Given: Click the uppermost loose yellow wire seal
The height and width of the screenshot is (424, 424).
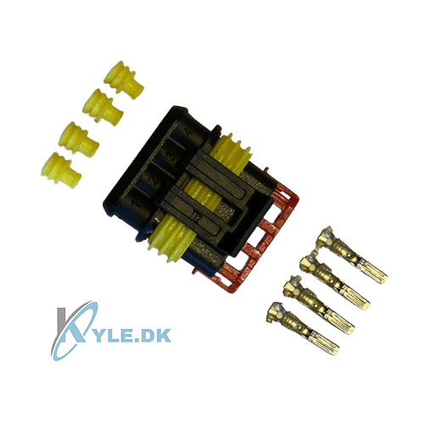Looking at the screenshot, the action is coord(123,80).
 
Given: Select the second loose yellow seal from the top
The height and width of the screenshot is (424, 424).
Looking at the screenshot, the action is coord(103,107).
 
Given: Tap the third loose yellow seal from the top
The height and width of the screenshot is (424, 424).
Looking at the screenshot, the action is coord(79,138).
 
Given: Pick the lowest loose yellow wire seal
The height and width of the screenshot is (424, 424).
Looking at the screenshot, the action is coord(61,170).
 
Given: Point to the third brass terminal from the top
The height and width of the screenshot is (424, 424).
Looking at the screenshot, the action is coord(319,305).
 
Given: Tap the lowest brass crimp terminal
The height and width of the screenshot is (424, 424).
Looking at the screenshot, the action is coord(303,329).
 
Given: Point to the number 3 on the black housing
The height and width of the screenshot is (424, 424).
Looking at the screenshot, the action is coord(172,156).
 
